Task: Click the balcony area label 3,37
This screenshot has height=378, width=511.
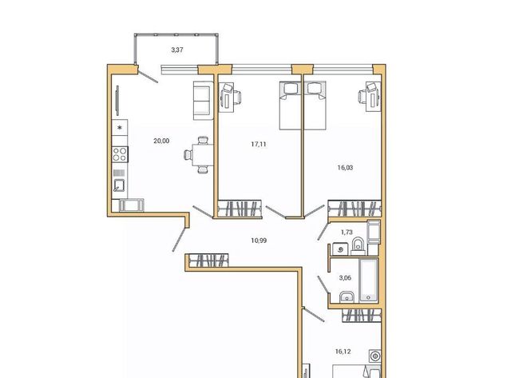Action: pos(177,50)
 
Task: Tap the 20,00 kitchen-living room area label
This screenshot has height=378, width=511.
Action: pos(161,141)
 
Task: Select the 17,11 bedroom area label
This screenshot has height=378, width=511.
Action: pos(259,144)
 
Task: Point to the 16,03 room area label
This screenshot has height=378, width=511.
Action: pos(345,168)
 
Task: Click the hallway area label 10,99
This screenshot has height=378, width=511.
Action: pos(259,241)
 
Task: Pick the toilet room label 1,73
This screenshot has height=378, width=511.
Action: pos(347,233)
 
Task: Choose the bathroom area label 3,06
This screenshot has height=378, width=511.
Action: pos(345,278)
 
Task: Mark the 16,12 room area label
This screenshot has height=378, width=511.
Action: pos(343,352)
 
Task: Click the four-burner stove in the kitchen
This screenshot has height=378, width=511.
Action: pos(120,154)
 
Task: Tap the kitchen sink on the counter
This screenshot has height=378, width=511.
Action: pos(119,185)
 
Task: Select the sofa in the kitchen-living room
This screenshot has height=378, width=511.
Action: pos(203,101)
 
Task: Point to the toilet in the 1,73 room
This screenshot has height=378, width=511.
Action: pos(358,245)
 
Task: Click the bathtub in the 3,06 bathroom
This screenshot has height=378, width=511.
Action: pos(369,281)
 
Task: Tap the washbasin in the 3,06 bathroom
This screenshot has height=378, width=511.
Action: pos(347,296)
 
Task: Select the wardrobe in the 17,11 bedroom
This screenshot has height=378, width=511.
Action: pos(240,209)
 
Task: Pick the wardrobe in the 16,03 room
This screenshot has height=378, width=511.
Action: pos(355,209)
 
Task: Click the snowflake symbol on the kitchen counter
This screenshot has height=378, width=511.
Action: pos(120,128)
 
